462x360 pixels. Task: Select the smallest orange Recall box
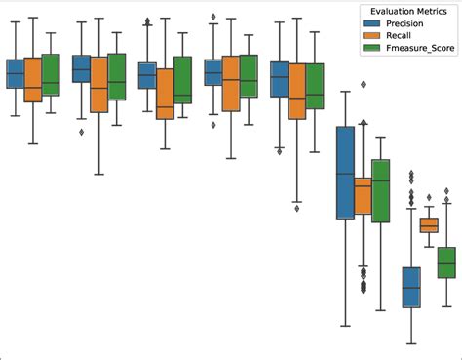click(429, 225)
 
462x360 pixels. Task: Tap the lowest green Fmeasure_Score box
click(446, 262)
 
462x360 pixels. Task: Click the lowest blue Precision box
click(411, 287)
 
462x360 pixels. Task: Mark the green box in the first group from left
click(51, 75)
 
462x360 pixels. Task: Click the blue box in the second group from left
click(82, 69)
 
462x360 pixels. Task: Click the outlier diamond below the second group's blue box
click(81, 131)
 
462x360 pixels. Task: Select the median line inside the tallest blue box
click(345, 175)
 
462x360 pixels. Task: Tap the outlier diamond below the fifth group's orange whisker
click(297, 207)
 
